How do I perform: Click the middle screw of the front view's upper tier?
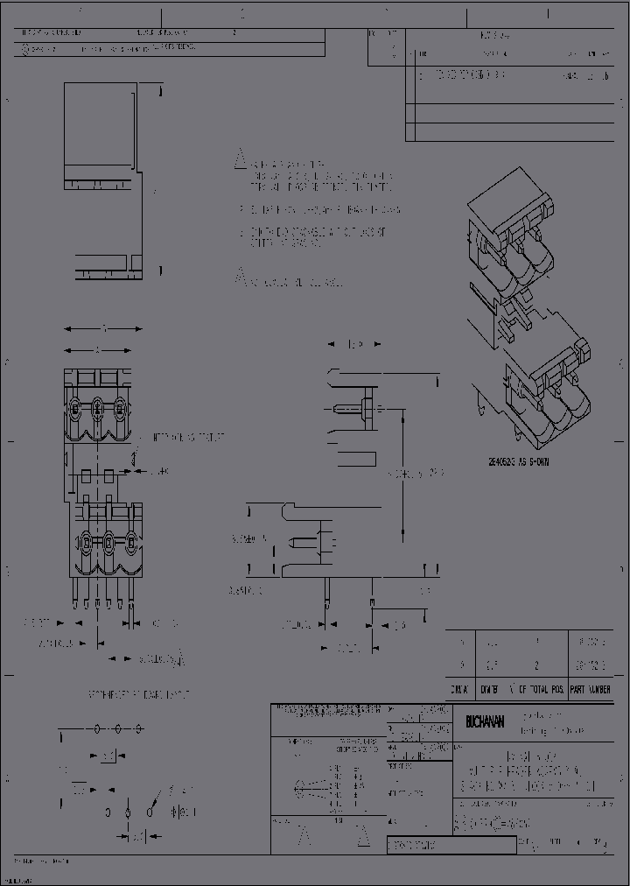click(97, 407)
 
